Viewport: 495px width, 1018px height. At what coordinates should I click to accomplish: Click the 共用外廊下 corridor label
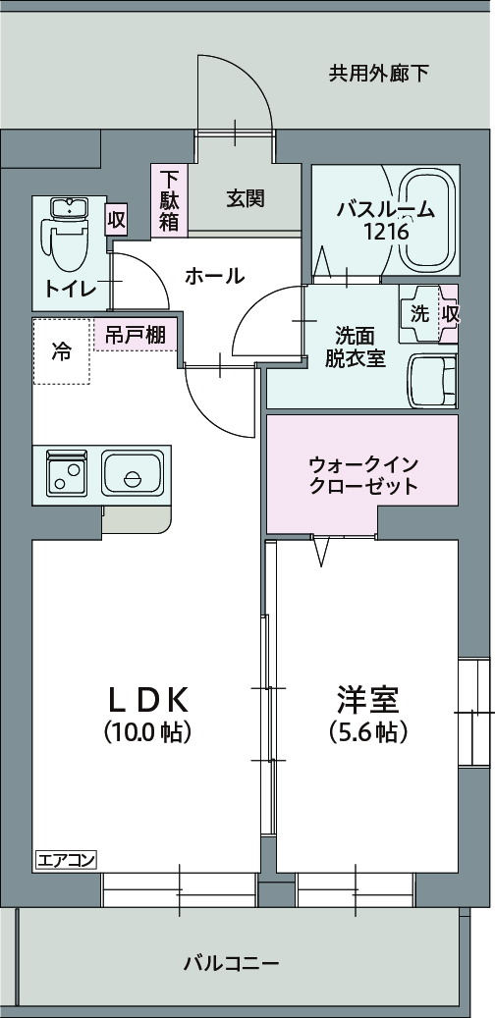coord(379,74)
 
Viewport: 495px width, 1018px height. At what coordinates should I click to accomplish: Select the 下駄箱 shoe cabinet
coord(170,200)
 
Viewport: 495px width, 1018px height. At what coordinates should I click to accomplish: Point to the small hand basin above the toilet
coord(68,208)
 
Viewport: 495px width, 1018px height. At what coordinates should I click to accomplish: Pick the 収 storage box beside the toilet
coord(116,220)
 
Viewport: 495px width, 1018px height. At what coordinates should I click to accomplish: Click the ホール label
coord(215,276)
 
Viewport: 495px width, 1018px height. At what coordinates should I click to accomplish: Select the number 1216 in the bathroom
coord(386,231)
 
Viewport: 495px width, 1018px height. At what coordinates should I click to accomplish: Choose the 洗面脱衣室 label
coord(356,348)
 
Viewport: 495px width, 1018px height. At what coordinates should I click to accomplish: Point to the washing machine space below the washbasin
coord(432,381)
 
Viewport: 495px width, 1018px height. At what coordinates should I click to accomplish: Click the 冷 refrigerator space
coord(62,351)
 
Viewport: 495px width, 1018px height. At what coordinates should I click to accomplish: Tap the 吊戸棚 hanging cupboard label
coord(136,335)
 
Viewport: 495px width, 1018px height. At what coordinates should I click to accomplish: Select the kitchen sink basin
coord(133,474)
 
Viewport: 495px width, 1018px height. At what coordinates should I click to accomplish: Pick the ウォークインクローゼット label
coord(363,475)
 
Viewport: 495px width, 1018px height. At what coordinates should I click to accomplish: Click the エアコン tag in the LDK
coord(66,861)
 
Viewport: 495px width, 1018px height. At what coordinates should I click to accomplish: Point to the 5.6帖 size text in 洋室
coord(368,732)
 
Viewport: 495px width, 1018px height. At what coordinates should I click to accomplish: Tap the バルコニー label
coord(231,962)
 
